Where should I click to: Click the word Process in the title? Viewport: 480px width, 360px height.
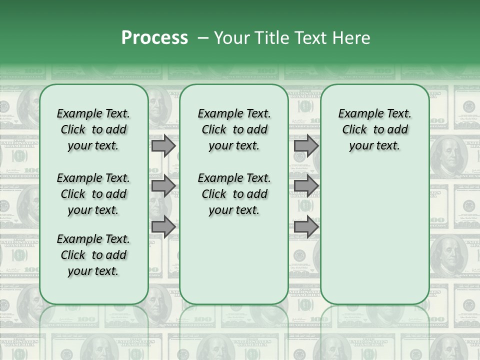(154, 38)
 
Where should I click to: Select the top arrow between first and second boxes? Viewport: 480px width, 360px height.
(163, 146)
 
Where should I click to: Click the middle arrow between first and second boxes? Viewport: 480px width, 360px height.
(163, 186)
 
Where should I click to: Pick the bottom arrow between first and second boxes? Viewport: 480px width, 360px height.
(163, 227)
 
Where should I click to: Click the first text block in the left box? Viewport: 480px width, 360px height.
(93, 129)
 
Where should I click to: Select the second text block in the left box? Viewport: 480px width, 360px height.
(93, 194)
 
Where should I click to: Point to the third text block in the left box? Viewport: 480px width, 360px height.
(93, 255)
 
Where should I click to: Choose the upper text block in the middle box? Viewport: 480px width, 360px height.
(234, 129)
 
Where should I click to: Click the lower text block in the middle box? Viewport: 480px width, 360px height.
(234, 194)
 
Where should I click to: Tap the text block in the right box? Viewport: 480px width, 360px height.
(374, 129)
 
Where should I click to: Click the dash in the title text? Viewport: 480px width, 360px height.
(203, 38)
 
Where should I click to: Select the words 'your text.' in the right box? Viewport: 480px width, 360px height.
(374, 146)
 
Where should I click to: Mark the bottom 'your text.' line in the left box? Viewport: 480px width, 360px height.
(93, 271)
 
